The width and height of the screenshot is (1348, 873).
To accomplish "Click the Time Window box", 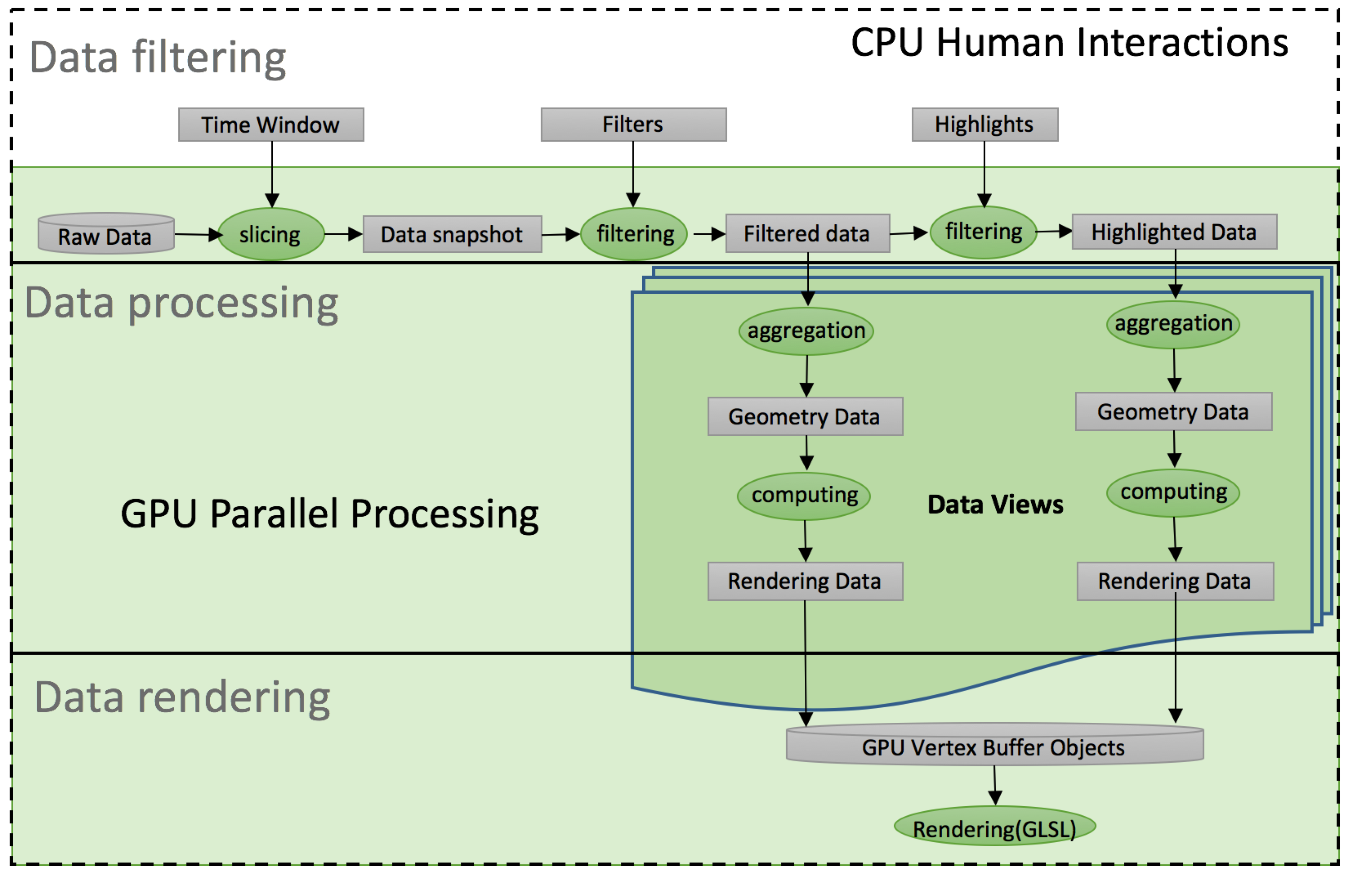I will pyautogui.click(x=271, y=125).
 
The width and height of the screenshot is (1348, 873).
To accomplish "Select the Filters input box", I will pyautogui.click(x=633, y=125).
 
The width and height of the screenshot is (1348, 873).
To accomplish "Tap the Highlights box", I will pyautogui.click(x=984, y=125).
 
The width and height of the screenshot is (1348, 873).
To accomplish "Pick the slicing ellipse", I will pyautogui.click(x=271, y=234).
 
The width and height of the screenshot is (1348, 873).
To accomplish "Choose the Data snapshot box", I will pyautogui.click(x=452, y=234).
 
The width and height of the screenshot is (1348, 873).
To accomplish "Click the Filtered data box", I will pyautogui.click(x=807, y=233).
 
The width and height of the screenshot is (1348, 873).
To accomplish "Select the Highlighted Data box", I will pyautogui.click(x=1174, y=232).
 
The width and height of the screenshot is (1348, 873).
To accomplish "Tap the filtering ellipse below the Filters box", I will pyautogui.click(x=635, y=234).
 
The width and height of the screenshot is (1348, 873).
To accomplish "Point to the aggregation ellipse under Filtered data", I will pyautogui.click(x=806, y=331).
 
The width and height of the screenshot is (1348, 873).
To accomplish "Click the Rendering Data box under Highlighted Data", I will pyautogui.click(x=1175, y=581).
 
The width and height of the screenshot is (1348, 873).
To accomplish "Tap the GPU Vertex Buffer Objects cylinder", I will pyautogui.click(x=994, y=747).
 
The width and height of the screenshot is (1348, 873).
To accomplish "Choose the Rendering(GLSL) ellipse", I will pyautogui.click(x=994, y=828).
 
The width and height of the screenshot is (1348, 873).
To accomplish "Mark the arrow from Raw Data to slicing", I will pyautogui.click(x=197, y=234).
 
